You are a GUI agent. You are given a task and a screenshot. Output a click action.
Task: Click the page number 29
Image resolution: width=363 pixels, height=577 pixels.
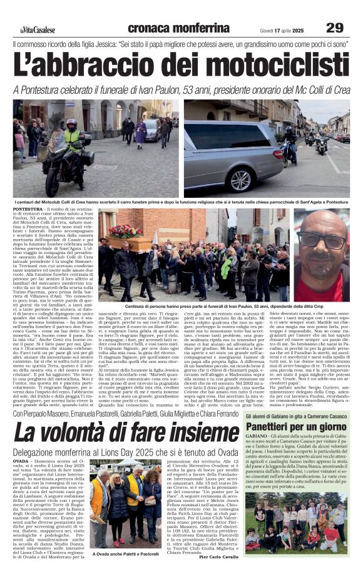tap(335, 27)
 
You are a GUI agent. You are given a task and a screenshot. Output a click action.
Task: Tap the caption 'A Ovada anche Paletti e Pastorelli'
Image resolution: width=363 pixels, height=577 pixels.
tap(125, 554)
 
